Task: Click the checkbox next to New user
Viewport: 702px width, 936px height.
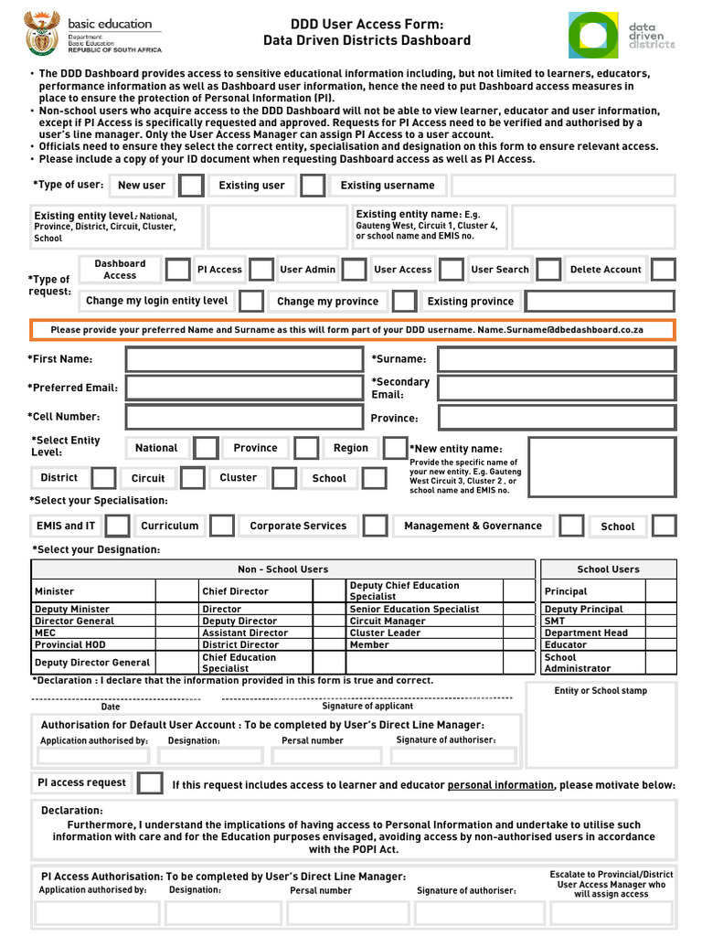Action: pyautogui.click(x=191, y=186)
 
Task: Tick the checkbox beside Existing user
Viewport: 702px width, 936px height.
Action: pyautogui.click(x=313, y=186)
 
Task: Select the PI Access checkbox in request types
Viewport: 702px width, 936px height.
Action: pyautogui.click(x=261, y=270)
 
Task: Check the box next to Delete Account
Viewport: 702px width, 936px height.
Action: pyautogui.click(x=663, y=270)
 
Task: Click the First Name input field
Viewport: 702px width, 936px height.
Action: pyautogui.click(x=244, y=359)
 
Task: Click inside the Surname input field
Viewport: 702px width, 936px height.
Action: pyautogui.click(x=556, y=359)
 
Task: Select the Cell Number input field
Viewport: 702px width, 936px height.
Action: pyautogui.click(x=244, y=417)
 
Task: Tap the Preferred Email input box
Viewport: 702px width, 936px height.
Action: pyautogui.click(x=244, y=388)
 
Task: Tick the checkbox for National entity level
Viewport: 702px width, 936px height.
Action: pyautogui.click(x=206, y=448)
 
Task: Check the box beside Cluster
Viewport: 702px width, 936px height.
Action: pyautogui.click(x=284, y=478)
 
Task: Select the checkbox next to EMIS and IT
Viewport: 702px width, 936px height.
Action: pyautogui.click(x=117, y=526)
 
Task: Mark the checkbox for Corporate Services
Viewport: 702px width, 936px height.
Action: pyautogui.click(x=375, y=526)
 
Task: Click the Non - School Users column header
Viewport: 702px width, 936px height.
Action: pyautogui.click(x=282, y=569)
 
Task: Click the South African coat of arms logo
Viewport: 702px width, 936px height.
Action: pyautogui.click(x=40, y=35)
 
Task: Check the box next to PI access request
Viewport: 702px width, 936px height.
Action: pyautogui.click(x=150, y=783)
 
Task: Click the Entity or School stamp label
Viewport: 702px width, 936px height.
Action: pyautogui.click(x=601, y=691)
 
